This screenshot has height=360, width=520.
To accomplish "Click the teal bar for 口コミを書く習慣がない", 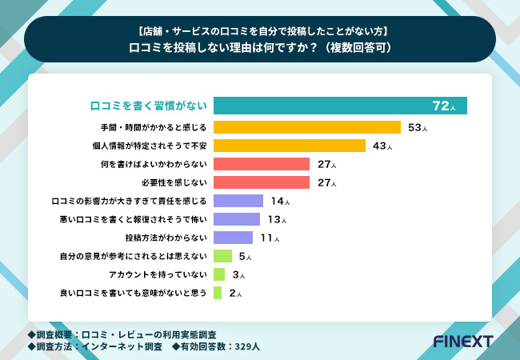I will click(x=340, y=106).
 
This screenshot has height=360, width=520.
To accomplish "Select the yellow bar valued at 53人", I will click(x=307, y=126).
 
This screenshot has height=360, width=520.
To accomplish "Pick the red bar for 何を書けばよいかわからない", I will click(x=262, y=164).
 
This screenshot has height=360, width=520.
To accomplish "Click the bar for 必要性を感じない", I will click(x=262, y=182).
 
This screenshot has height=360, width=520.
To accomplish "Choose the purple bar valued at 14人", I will click(x=238, y=201).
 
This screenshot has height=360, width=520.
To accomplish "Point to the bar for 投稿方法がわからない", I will click(x=234, y=238).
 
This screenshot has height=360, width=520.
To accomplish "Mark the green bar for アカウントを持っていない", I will click(x=219, y=274).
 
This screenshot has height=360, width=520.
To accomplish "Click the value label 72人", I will click(x=443, y=106).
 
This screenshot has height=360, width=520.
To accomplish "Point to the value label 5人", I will click(x=246, y=256).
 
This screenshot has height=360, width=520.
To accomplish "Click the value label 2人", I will click(x=235, y=293).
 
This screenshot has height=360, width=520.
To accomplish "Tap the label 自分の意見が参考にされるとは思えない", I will click(x=134, y=256).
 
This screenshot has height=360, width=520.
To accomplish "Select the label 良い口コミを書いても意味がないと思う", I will click(x=134, y=293).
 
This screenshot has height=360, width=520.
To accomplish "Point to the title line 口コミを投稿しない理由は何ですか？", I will click(x=260, y=47).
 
